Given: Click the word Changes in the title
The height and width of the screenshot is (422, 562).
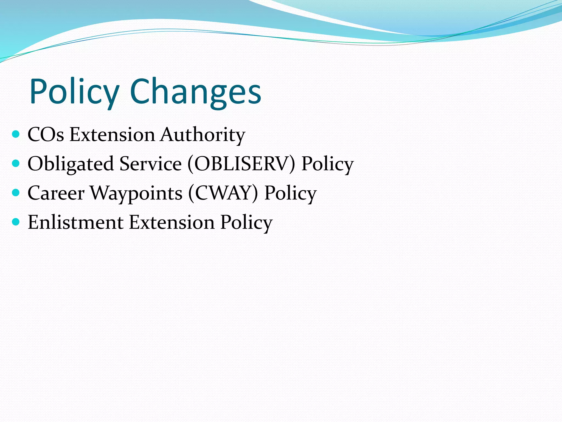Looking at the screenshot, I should [195, 92].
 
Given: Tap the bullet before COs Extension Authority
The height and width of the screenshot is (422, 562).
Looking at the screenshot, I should [16, 134].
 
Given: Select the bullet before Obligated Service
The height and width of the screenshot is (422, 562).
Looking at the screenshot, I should [16, 163].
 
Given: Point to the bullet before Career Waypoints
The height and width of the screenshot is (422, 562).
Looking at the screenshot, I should [16, 193].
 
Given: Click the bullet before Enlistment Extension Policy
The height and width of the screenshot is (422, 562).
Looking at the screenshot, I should [16, 222].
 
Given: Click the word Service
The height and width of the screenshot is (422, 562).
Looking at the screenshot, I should [151, 164].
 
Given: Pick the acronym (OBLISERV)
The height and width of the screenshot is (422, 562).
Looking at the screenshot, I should [241, 164].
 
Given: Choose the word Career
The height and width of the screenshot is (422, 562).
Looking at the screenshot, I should [56, 193].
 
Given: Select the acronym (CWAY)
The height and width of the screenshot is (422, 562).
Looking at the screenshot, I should [223, 193].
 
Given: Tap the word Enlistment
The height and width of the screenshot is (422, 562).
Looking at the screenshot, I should [75, 222].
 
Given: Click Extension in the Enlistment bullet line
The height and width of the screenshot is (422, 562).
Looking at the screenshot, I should [172, 222].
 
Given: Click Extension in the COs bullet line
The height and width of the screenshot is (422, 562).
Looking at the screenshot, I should [112, 135].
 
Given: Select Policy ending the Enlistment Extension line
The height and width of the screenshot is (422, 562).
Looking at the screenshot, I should [246, 223].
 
